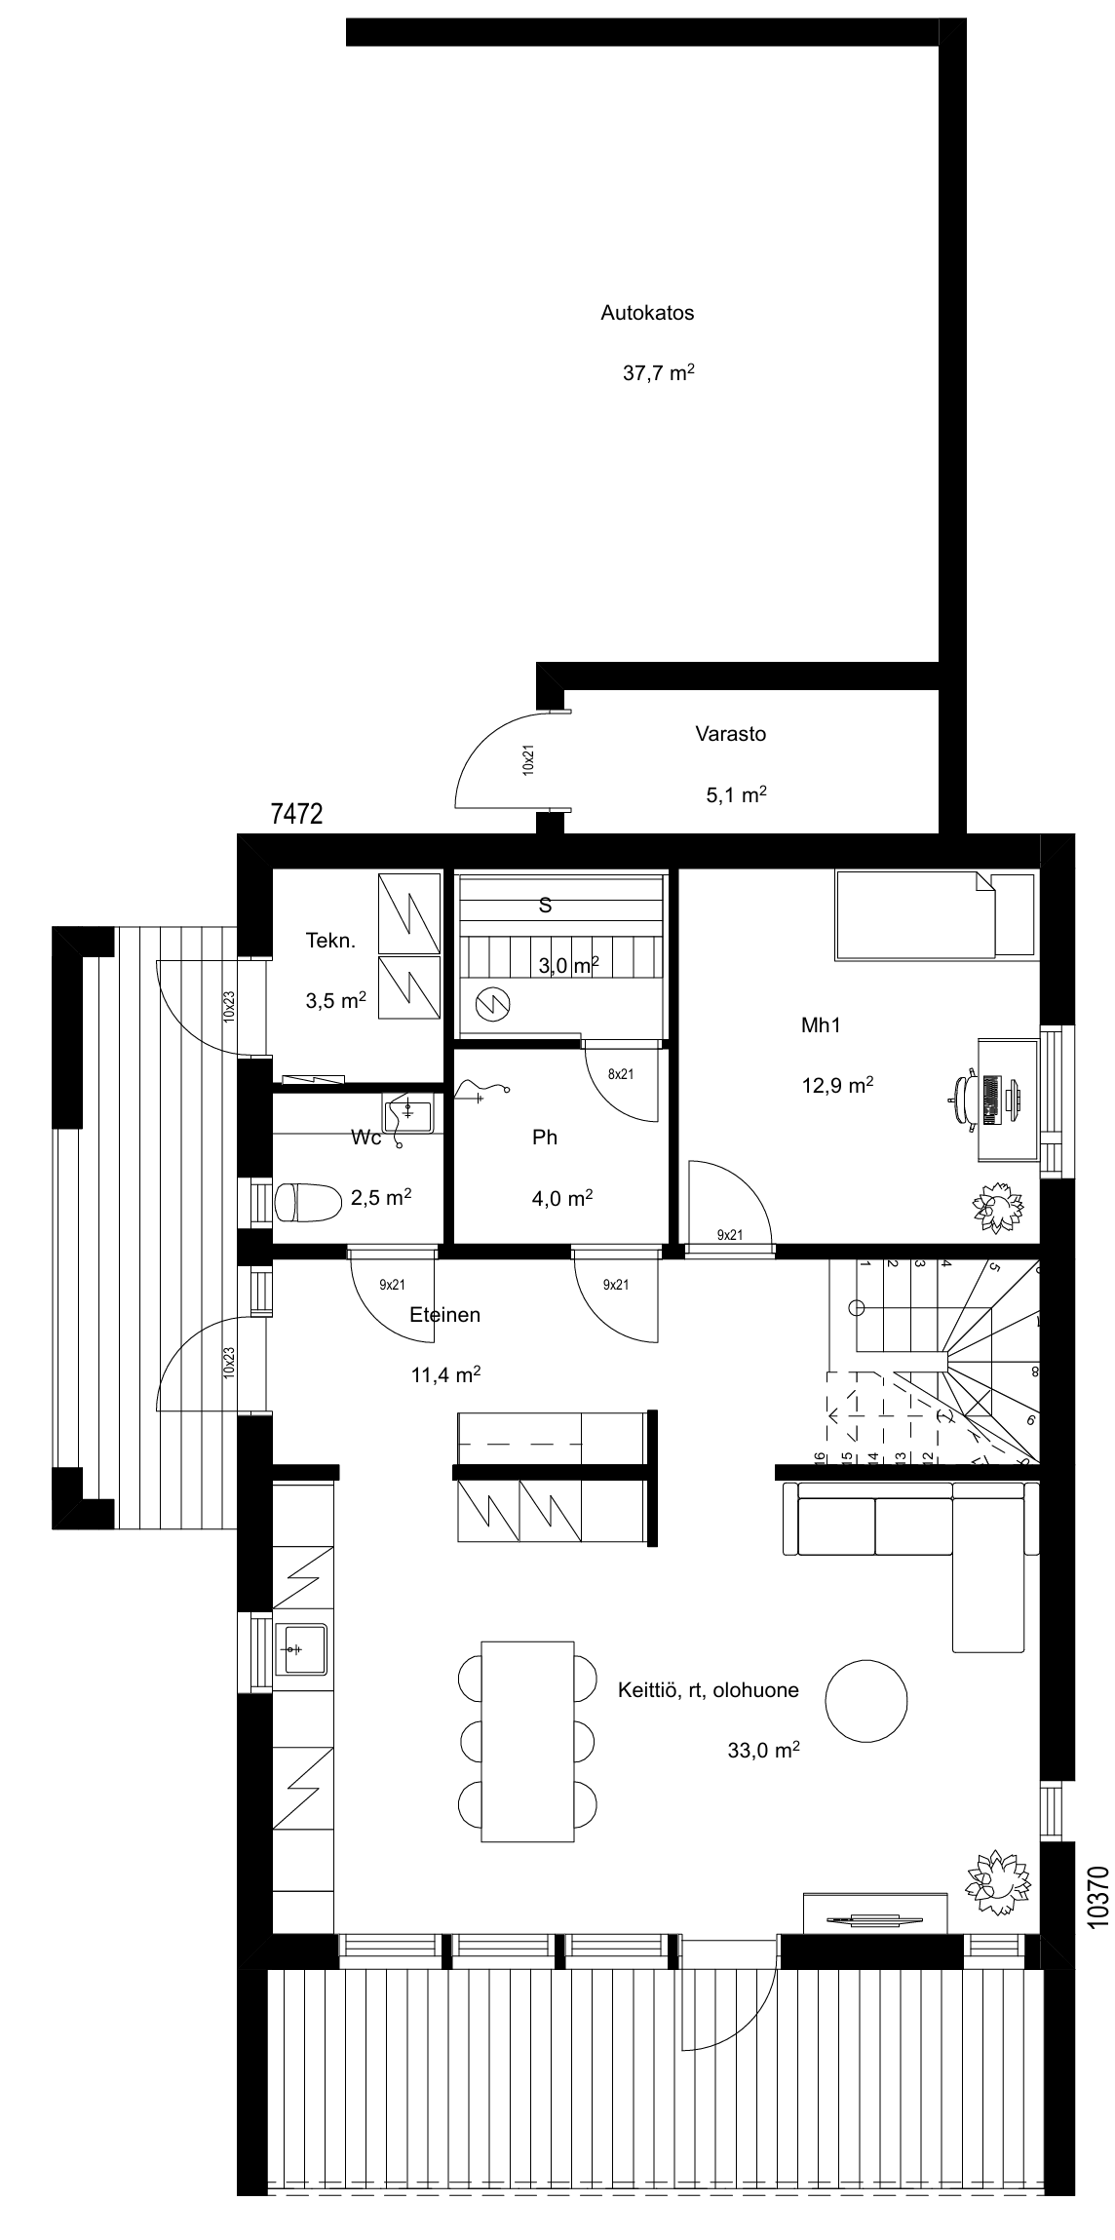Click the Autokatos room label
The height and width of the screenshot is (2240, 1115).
[x=647, y=313]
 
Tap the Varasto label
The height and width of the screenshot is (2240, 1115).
[x=730, y=734]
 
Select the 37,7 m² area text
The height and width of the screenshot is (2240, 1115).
[x=659, y=372]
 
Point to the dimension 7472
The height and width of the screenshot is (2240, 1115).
[x=296, y=815]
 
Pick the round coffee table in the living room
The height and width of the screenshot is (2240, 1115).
[x=866, y=1700]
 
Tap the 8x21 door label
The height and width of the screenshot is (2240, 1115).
[x=621, y=1074]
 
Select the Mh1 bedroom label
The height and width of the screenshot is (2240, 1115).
[x=821, y=1024]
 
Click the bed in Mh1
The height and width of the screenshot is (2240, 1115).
[x=935, y=915]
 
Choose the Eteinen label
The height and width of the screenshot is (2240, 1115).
[x=444, y=1315]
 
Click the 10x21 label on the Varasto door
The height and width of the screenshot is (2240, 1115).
[x=528, y=759]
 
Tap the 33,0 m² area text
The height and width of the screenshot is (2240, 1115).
[x=764, y=1750]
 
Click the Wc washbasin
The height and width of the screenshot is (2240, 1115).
[x=410, y=1114]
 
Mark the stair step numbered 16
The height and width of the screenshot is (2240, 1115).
[x=820, y=1459]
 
